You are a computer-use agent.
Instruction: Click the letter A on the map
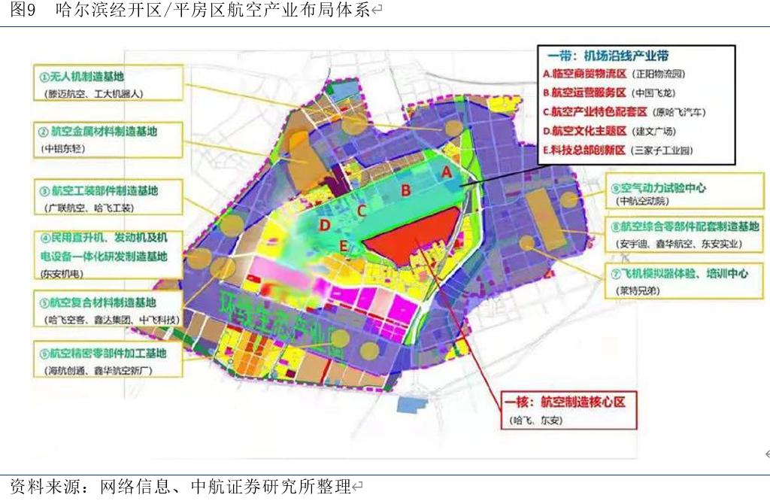(x=447, y=172)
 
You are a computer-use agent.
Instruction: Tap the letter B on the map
(x=406, y=190)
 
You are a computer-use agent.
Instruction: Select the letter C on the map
(x=361, y=211)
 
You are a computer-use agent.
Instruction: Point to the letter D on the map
(x=325, y=225)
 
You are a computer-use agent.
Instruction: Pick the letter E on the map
(x=344, y=245)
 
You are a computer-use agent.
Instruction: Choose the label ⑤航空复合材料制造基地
(x=98, y=302)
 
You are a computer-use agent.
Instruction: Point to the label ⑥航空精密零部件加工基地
(x=103, y=353)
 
